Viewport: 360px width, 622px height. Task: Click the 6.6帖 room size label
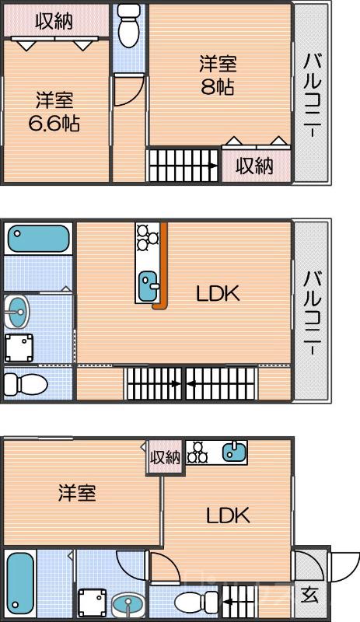pos(54,124)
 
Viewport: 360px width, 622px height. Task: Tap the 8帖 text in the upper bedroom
pos(217,87)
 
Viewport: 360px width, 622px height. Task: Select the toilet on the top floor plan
pos(128,26)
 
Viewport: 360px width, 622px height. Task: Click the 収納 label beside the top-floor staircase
pos(255,166)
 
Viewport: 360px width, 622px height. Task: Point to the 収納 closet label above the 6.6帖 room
pos(54,21)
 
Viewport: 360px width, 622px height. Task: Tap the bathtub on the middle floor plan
pos(39,239)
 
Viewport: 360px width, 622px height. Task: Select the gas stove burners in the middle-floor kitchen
pos(147,237)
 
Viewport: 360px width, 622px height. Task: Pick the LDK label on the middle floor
pos(218,294)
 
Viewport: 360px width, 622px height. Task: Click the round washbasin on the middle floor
pos(16,312)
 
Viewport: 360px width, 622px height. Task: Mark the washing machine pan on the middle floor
pos(19,348)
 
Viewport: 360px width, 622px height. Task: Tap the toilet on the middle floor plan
pos(26,384)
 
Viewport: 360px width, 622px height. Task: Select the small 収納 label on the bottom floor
pos(165,458)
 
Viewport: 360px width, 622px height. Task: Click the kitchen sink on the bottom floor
pos(234,452)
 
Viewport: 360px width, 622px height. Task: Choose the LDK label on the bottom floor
pos(228,515)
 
